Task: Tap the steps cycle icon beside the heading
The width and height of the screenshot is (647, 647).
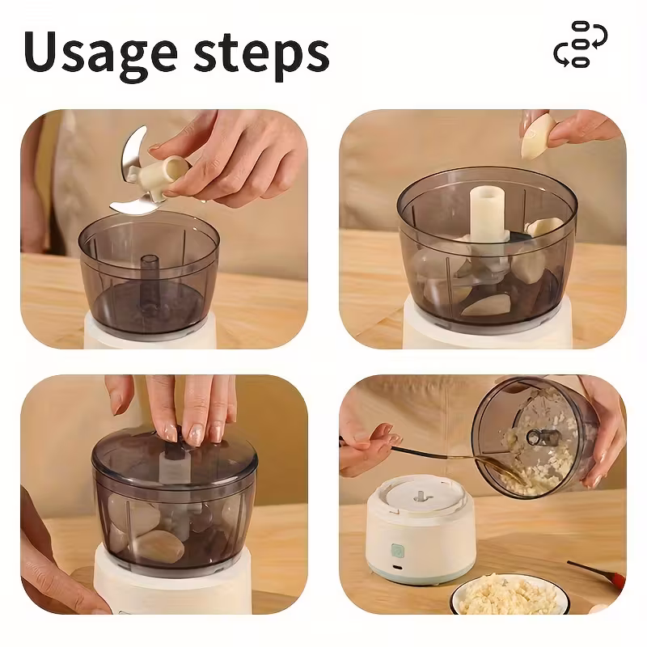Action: [x=581, y=44]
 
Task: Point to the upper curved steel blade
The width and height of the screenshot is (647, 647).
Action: [x=133, y=150]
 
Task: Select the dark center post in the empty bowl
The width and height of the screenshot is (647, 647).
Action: [x=149, y=285]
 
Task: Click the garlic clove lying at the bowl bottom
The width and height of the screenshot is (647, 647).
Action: [x=487, y=306]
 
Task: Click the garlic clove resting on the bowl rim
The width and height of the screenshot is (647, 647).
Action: [x=543, y=228]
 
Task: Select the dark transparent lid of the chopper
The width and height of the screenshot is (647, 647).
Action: [x=174, y=458]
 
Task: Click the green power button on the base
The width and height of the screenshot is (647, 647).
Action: [x=397, y=551]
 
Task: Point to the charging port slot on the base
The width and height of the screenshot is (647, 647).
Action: [x=397, y=567]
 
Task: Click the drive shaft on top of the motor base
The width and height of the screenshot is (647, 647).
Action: [x=420, y=496]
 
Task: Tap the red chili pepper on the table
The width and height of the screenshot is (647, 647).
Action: [x=598, y=573]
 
